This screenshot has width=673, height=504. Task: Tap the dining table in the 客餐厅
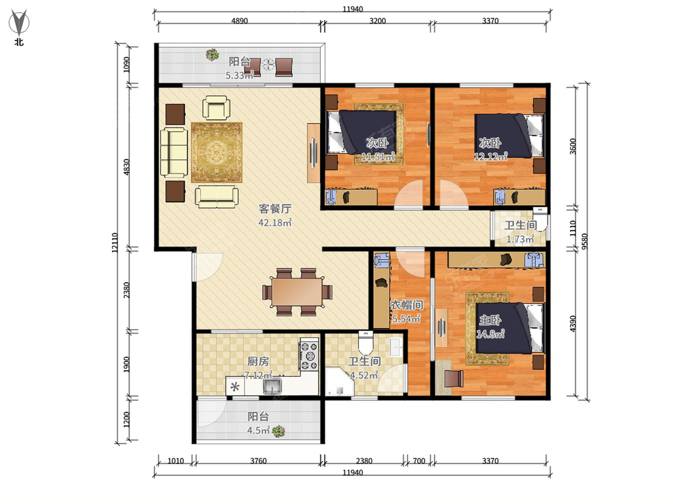point(297,292)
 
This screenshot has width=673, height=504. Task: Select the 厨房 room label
point(258,361)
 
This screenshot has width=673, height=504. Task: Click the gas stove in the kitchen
point(309,354)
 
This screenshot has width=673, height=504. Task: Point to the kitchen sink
point(272,386)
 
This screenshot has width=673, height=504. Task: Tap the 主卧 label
point(490,320)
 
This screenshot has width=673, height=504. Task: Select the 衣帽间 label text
point(407,305)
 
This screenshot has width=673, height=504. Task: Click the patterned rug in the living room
point(217,152)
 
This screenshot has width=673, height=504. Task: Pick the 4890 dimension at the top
point(239,21)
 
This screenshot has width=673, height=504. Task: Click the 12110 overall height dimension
point(114,242)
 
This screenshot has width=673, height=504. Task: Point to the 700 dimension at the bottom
point(419,461)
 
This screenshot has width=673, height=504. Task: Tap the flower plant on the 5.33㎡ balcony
point(212,55)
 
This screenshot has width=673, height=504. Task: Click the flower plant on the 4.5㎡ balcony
point(278,431)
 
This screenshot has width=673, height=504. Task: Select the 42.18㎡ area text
point(275,222)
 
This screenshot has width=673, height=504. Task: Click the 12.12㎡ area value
point(491,157)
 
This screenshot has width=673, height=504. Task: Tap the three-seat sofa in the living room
point(174,152)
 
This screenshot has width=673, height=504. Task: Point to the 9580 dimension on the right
point(585,241)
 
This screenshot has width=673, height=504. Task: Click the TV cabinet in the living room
point(314,153)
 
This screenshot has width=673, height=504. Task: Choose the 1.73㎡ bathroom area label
point(520,239)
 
